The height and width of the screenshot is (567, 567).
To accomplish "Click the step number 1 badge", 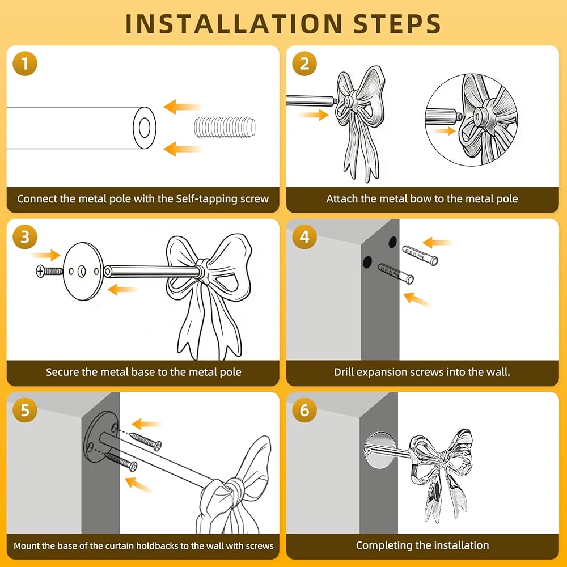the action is [25, 64].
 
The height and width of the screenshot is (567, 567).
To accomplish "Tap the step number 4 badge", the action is [304, 237].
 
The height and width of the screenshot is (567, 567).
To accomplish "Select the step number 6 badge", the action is [304, 410].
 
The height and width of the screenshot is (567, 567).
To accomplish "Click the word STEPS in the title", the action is [397, 24].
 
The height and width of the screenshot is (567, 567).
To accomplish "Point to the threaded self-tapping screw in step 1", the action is [225, 127].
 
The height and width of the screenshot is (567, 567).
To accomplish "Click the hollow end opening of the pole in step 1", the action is [144, 128].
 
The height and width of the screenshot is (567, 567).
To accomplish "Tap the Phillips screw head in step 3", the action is [40, 271].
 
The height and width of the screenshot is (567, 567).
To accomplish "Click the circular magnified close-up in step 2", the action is [471, 120].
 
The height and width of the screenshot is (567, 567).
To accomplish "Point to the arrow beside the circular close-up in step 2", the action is [445, 131].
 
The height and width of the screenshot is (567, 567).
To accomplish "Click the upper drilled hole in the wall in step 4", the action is [393, 242].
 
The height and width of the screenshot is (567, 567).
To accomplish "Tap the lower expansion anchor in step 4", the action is [396, 273].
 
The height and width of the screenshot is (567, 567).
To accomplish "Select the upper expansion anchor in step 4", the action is [420, 255].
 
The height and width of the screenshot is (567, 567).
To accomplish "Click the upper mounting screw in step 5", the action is [145, 441].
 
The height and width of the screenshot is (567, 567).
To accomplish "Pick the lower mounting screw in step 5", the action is [121, 462].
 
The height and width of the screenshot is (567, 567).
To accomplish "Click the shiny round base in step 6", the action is [380, 450].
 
